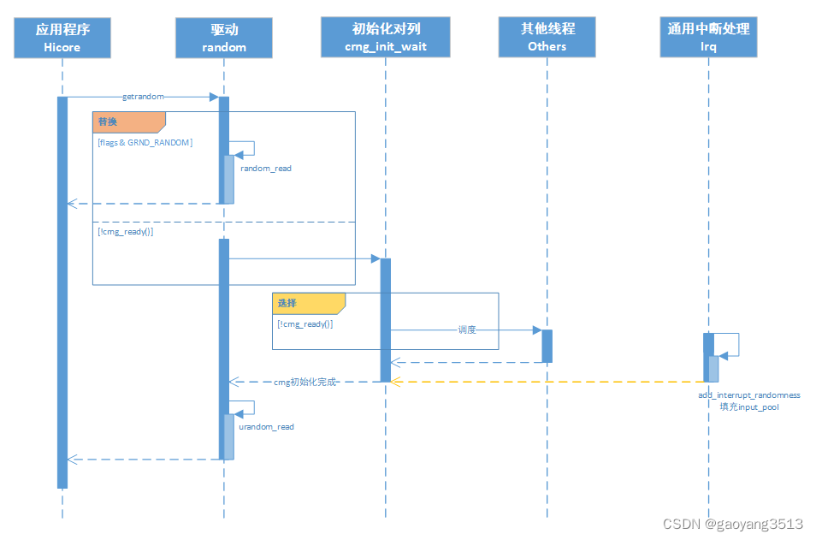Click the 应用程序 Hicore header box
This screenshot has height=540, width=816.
pyautogui.click(x=62, y=38)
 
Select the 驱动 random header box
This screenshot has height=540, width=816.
pyautogui.click(x=224, y=38)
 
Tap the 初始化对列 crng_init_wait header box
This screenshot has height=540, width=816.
pyautogui.click(x=385, y=38)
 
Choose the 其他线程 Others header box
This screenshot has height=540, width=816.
pyautogui.click(x=547, y=38)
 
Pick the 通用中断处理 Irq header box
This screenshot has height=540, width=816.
pyautogui.click(x=708, y=38)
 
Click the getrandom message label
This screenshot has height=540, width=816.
pyautogui.click(x=143, y=98)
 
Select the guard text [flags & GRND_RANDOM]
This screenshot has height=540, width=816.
pyautogui.click(x=145, y=142)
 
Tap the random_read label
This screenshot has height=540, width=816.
pyautogui.click(x=265, y=169)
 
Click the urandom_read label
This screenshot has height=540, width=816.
pyautogui.click(x=267, y=426)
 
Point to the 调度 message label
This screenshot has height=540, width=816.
pyautogui.click(x=466, y=329)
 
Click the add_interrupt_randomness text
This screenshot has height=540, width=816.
pyautogui.click(x=748, y=395)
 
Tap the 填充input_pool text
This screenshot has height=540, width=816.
pyautogui.click(x=748, y=406)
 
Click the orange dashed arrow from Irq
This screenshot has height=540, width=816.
pyautogui.click(x=547, y=382)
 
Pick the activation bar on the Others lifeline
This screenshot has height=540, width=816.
pyautogui.click(x=547, y=346)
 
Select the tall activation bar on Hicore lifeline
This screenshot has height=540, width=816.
pyautogui.click(x=62, y=291)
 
